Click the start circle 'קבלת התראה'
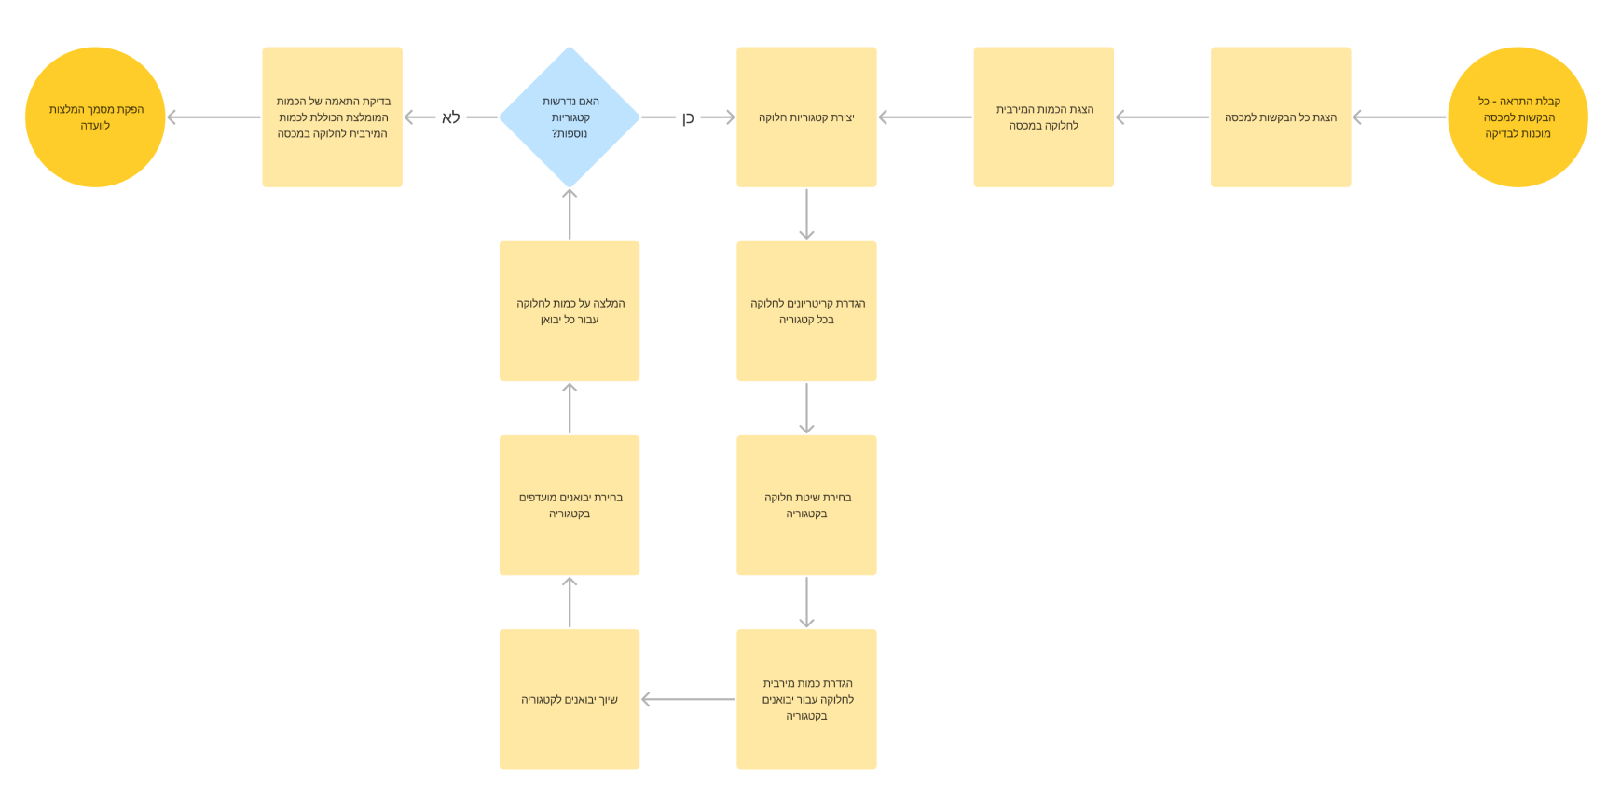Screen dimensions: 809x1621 (x=1518, y=117)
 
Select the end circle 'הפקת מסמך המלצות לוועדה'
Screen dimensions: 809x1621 (x=95, y=117)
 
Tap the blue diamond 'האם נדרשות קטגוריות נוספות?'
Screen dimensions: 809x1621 (x=570, y=117)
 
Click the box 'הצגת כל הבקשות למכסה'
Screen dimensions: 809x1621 (x=1281, y=117)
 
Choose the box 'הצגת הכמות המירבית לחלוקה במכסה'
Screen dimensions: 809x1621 (x=1043, y=117)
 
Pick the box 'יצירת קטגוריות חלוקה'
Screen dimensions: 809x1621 (x=806, y=117)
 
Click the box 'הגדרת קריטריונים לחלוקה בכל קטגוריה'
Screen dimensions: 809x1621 (x=806, y=311)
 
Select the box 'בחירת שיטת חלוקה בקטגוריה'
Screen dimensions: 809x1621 (x=806, y=505)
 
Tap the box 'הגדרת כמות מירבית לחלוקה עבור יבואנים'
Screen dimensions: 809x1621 (x=806, y=699)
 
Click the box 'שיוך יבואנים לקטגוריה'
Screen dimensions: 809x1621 (x=570, y=699)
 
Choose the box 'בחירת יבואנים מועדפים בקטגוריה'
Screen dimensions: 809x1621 (x=570, y=505)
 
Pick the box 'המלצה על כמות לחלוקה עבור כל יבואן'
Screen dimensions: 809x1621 (x=570, y=311)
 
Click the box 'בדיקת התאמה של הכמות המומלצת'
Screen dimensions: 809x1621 (x=332, y=117)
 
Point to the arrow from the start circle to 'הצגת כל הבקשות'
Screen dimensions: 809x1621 (x=1399, y=117)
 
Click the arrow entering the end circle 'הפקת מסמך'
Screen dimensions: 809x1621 (x=213, y=117)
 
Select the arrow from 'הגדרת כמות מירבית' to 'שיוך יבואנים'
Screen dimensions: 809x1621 (x=688, y=699)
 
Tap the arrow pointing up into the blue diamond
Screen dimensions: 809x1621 (x=570, y=214)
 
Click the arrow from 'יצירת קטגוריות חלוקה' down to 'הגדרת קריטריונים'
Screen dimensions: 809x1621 (x=806, y=214)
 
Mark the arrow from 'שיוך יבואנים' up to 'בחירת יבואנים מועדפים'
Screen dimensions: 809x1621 (x=570, y=602)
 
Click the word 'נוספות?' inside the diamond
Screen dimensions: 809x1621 (x=570, y=133)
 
